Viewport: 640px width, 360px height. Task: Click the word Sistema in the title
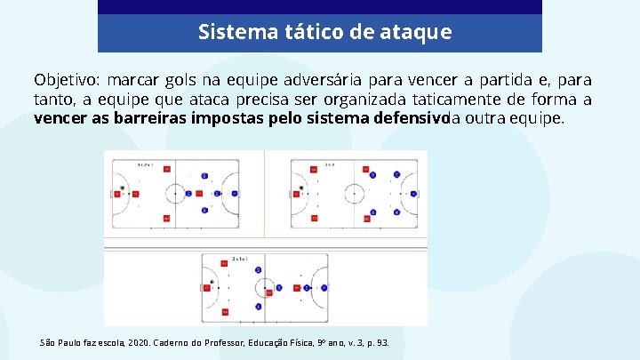point(228,33)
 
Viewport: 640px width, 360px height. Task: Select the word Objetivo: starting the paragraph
point(68,81)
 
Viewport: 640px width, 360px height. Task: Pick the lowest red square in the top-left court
point(166,218)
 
